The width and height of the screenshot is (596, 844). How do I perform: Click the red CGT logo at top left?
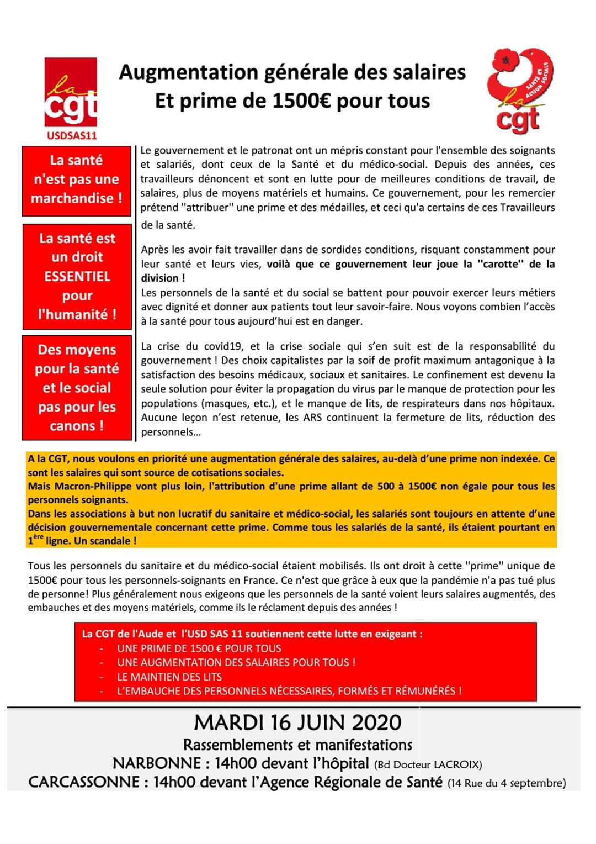pyautogui.click(x=71, y=92)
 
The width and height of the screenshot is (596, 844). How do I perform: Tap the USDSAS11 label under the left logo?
pyautogui.click(x=72, y=135)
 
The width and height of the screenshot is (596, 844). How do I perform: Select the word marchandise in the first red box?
pyautogui.click(x=72, y=198)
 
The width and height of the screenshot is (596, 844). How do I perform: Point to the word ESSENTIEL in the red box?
pyautogui.click(x=77, y=276)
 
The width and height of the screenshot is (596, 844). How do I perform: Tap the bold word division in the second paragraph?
pyautogui.click(x=159, y=278)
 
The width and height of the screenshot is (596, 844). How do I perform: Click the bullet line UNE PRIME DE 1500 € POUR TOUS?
pyautogui.click(x=199, y=648)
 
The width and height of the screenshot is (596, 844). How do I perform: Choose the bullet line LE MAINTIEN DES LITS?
pyautogui.click(x=169, y=677)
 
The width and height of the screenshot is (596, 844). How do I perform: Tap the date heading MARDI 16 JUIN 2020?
pyautogui.click(x=297, y=722)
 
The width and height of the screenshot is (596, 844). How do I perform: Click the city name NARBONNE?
pyautogui.click(x=157, y=763)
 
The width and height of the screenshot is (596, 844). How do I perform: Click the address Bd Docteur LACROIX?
pyautogui.click(x=428, y=764)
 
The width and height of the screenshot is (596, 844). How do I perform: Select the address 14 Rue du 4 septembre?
pyautogui.click(x=506, y=783)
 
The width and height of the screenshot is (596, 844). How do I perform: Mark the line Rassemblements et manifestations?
pyautogui.click(x=297, y=745)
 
